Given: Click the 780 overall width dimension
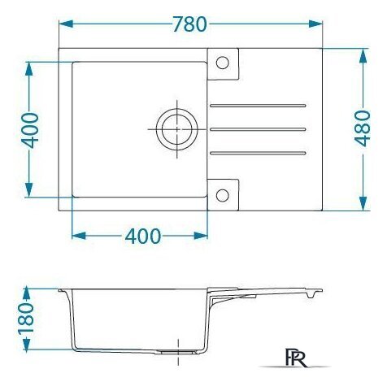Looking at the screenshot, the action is pyautogui.click(x=190, y=24).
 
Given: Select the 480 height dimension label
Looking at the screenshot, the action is pyautogui.click(x=363, y=128).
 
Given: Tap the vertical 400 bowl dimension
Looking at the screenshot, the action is pyautogui.click(x=30, y=131).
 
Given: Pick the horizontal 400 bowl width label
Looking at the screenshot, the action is pyautogui.click(x=143, y=236).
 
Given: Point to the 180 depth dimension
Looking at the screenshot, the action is pyautogui.click(x=27, y=319).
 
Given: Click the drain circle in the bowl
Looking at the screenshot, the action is pyautogui.click(x=177, y=129).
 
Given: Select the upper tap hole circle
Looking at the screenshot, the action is pyautogui.click(x=223, y=63).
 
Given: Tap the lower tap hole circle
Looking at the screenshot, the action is pyautogui.click(x=223, y=195).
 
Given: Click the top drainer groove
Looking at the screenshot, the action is pyautogui.click(x=258, y=106).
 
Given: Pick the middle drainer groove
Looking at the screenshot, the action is pyautogui.click(x=258, y=129).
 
